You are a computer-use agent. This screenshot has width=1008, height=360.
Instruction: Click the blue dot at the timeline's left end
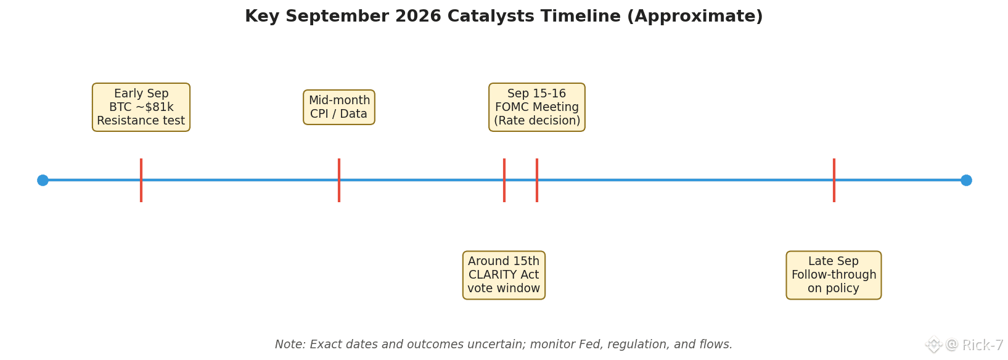coord(43,180)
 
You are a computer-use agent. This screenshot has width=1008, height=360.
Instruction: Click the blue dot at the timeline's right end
coord(966,180)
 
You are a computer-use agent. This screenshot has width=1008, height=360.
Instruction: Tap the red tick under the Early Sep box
coord(141,180)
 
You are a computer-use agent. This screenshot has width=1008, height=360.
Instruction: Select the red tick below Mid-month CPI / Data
coord(339,180)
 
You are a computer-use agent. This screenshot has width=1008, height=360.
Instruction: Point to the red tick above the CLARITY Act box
coord(504,180)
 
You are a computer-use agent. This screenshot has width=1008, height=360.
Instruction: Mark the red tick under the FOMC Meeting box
coord(537,180)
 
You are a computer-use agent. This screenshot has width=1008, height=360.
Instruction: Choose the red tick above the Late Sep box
coord(834,180)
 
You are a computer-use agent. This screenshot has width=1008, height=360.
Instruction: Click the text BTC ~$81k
coord(141,107)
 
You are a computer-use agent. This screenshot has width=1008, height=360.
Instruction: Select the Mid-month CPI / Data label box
coord(339,107)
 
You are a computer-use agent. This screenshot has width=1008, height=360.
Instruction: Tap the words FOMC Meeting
coord(537,107)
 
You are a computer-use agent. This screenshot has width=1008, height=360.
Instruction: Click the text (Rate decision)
coord(537,121)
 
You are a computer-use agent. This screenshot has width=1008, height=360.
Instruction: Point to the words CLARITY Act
coord(504,274)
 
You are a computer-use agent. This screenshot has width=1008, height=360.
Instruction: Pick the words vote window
coord(504,288)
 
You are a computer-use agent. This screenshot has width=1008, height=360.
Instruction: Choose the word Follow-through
coord(834,274)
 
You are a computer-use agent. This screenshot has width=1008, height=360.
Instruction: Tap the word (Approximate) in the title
coord(695,17)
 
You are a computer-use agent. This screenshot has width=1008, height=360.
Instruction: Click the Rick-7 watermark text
coord(983,345)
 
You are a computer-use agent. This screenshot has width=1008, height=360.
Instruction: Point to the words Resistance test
coord(141,121)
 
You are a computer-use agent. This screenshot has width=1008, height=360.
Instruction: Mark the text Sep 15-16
coord(536,93)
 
